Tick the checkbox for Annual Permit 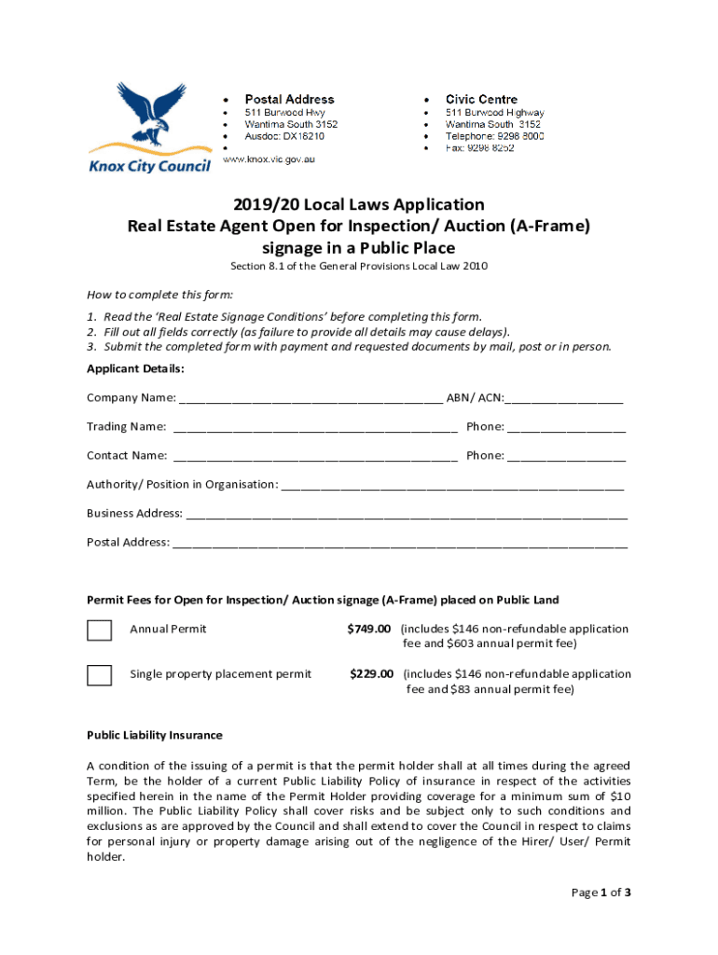tap(99, 630)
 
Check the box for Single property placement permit tap(99, 674)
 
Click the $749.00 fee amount tap(369, 629)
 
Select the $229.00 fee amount tap(371, 673)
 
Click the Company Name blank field tap(311, 399)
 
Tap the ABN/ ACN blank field tap(563, 399)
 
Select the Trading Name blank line tap(315, 428)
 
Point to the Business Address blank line tap(407, 515)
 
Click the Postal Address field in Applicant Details tap(400, 544)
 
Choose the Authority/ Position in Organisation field tap(452, 486)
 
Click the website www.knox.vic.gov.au tap(269, 159)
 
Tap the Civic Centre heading tap(481, 99)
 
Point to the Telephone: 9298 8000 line tap(494, 136)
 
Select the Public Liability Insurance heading tap(155, 735)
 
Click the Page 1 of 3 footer tap(601, 893)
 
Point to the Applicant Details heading tap(135, 369)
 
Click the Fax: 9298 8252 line tap(479, 148)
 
